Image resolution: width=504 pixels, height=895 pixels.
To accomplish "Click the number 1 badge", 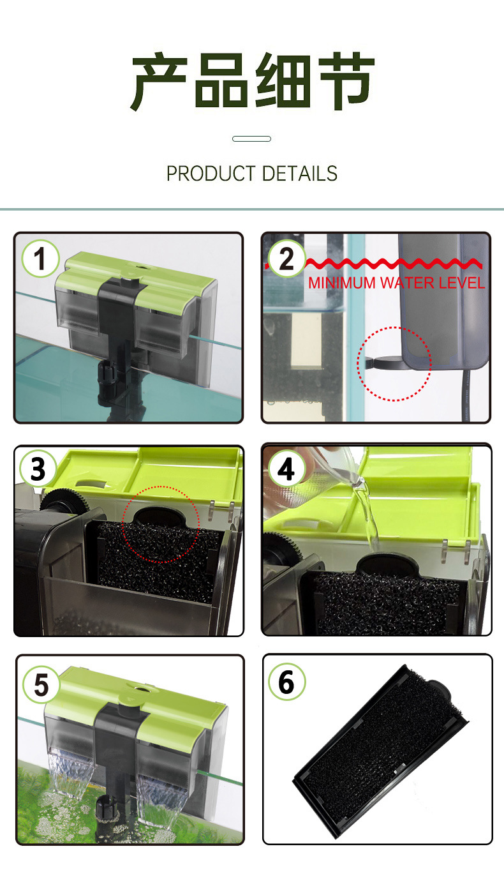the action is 40,259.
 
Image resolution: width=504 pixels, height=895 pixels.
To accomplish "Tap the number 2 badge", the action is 286,259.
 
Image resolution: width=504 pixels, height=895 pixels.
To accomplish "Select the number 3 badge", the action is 38,469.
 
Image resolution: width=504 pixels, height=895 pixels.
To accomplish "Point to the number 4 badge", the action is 286,469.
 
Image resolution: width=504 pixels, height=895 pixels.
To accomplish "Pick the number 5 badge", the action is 41,685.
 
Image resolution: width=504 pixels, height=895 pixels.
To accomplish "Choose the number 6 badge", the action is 286,682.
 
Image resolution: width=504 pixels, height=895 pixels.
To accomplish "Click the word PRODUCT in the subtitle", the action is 211,174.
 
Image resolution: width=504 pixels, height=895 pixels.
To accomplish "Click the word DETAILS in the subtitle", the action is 300,174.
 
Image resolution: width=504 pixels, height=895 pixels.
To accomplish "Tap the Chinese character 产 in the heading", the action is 159,81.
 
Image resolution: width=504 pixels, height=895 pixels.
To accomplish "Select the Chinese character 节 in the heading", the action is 346,81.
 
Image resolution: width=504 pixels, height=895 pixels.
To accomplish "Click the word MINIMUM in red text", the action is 342,283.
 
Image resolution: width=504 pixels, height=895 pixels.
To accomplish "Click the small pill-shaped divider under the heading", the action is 251,139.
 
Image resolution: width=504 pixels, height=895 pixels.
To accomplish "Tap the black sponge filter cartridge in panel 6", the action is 381,751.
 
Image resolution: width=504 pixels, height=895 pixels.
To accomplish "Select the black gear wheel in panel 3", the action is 64,500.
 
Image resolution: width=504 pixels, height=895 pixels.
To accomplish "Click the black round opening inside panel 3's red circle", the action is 159,516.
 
